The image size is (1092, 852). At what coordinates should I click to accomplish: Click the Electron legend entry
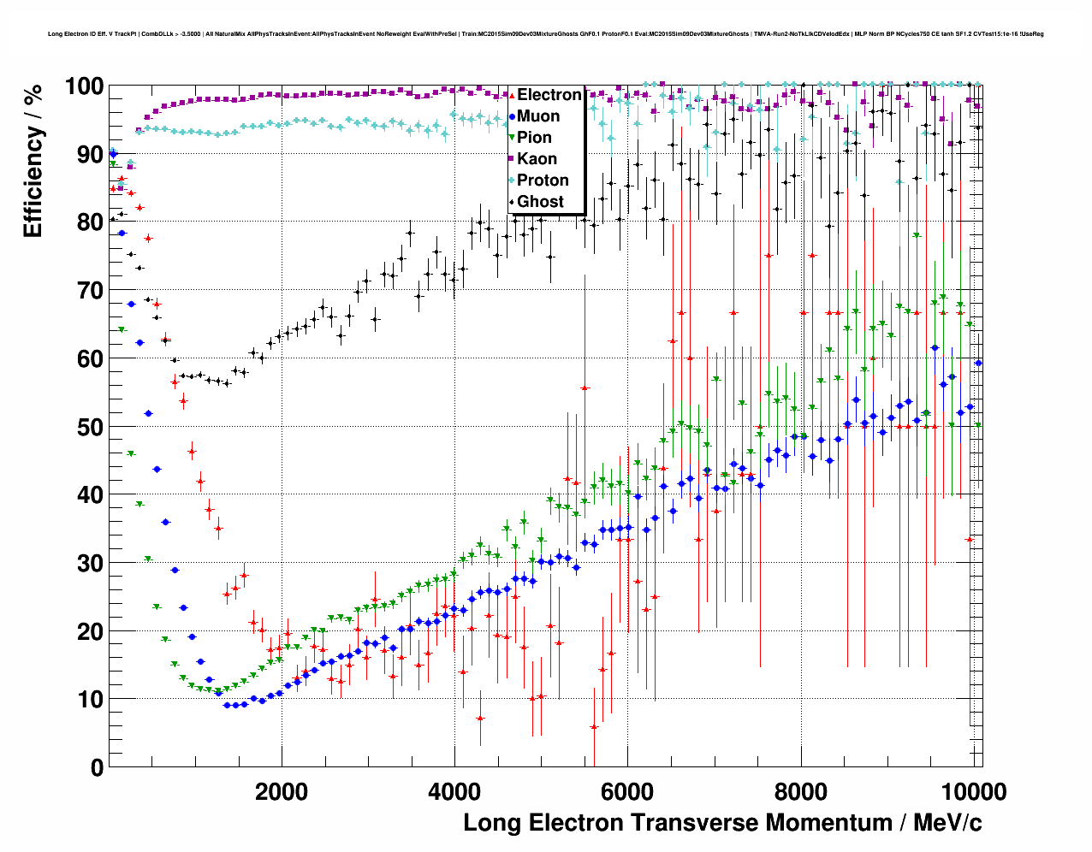[549, 95]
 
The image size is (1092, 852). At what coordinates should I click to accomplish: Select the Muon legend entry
[538, 116]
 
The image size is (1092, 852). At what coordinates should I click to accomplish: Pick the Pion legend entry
[534, 138]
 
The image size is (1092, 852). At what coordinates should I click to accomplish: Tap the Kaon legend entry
[537, 159]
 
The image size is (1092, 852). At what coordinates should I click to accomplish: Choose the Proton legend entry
[543, 180]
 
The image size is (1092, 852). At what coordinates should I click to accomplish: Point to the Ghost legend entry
[540, 202]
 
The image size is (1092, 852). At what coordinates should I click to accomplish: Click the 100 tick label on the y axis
[84, 86]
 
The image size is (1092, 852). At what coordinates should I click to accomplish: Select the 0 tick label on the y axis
[97, 767]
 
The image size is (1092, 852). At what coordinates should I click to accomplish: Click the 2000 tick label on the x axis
[282, 791]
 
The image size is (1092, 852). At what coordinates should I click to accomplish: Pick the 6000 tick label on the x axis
[627, 791]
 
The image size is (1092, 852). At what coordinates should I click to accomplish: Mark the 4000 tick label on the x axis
[454, 791]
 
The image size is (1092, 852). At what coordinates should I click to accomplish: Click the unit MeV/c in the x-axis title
[947, 823]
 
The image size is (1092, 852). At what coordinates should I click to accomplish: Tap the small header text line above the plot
[546, 34]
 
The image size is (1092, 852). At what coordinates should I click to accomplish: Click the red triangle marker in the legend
[512, 95]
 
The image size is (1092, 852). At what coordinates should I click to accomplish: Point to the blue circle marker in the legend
[512, 116]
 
